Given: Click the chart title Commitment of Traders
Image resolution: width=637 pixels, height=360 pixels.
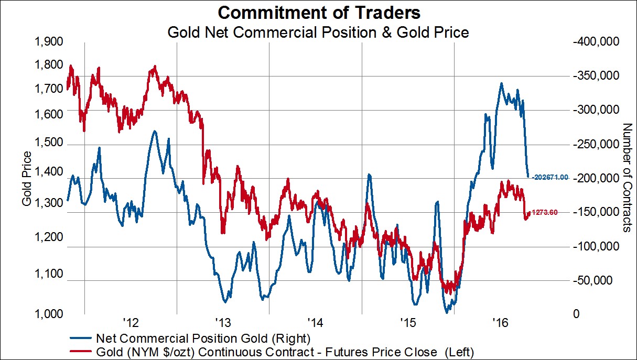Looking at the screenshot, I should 318,12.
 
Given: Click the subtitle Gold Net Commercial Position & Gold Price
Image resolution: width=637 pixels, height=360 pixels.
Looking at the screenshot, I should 318,32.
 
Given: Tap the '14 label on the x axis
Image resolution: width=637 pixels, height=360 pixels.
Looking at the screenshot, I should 315,321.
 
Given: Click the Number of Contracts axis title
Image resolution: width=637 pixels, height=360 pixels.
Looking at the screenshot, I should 625,178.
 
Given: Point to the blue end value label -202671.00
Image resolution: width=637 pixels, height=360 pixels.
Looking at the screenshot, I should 550,178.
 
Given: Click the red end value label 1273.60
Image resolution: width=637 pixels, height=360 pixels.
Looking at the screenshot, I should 545,212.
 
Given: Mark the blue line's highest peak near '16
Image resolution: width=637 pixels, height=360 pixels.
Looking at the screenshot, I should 501,83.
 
